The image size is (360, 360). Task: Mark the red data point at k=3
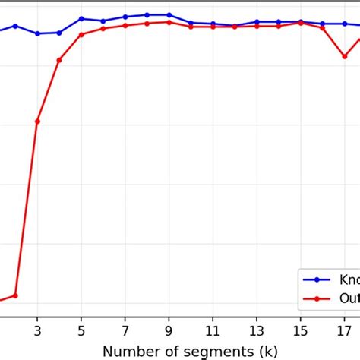pos(37,122)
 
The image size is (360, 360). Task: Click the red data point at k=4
pos(59,59)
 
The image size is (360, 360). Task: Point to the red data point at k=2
pos(15,295)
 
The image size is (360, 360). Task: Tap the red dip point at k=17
pos(344,55)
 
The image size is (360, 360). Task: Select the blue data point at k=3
pos(37,33)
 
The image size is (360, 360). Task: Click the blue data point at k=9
pos(169,14)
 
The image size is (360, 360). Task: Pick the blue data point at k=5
pos(81,18)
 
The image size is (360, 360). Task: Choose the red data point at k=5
pos(81,34)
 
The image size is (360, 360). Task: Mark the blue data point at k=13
pos(257,22)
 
